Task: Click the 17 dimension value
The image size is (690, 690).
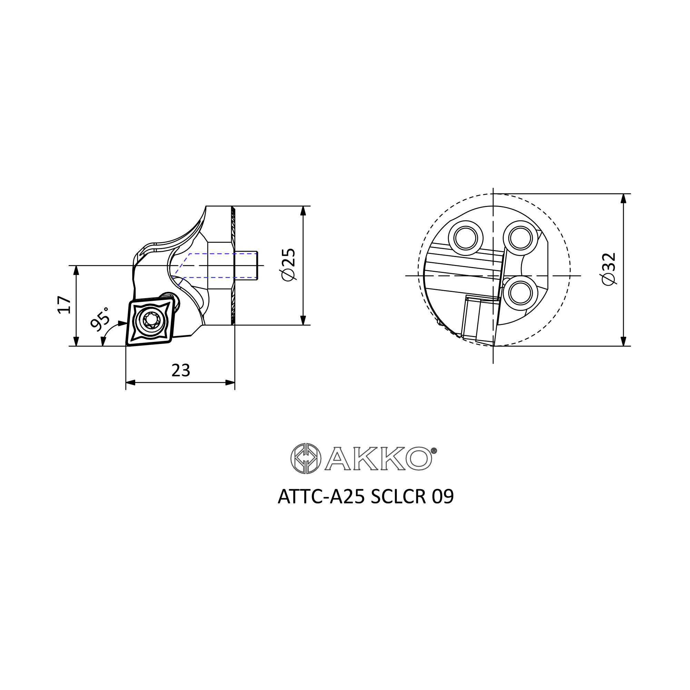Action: (x=64, y=305)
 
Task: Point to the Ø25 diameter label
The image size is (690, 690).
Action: (x=288, y=265)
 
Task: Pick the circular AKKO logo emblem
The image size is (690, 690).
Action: (x=306, y=458)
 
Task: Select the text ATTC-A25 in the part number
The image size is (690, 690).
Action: (x=322, y=497)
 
